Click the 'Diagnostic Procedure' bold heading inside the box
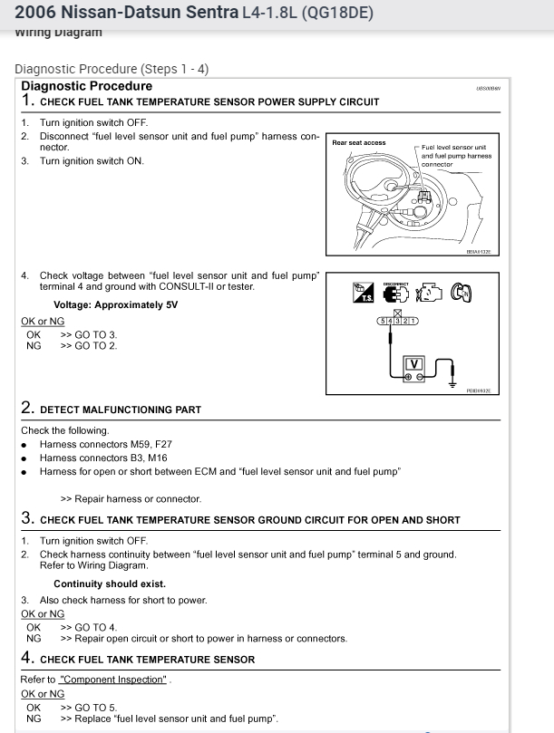(x=86, y=86)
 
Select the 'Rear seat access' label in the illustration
(x=359, y=143)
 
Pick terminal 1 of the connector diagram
(x=413, y=321)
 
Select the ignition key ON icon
(x=463, y=292)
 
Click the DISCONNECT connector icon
(x=396, y=292)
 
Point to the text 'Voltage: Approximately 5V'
(x=116, y=304)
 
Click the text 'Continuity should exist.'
(x=110, y=584)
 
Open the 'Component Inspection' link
(x=113, y=679)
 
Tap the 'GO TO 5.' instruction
(x=89, y=707)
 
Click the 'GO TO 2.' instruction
(x=89, y=345)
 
